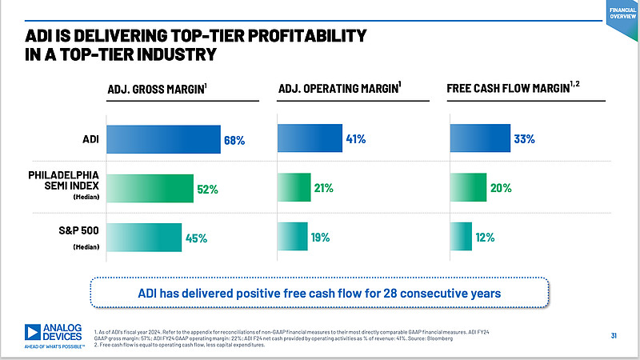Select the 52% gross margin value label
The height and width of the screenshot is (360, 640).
click(x=207, y=190)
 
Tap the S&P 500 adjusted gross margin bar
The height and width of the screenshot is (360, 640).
click(x=143, y=238)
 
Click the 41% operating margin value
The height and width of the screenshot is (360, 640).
click(x=356, y=139)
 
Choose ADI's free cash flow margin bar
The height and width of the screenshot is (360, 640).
click(x=480, y=138)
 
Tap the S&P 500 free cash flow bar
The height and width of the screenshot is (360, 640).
click(x=461, y=237)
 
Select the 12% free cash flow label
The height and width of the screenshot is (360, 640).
click(x=485, y=237)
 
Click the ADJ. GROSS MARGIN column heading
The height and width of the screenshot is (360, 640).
click(x=157, y=90)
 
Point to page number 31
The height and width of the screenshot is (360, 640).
click(x=614, y=334)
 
